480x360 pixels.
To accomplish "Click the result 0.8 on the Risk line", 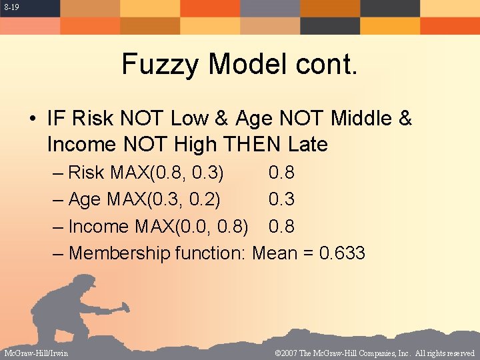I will pos(281,173).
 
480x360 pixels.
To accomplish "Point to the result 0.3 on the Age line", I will pos(281,199).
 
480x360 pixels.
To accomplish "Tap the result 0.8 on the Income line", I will pos(281,227).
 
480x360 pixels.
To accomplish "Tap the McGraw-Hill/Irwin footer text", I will pos(36,353).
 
